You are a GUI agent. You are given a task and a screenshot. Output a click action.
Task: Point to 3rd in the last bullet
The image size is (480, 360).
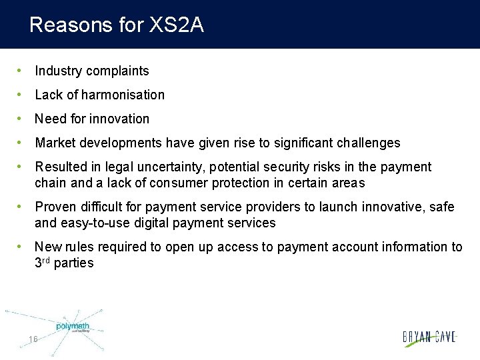click(42, 263)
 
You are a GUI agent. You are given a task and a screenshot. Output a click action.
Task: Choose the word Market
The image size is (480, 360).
click(55, 143)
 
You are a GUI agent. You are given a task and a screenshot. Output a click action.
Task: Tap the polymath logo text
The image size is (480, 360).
click(72, 327)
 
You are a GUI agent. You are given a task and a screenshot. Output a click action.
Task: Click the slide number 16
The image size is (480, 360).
click(33, 339)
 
